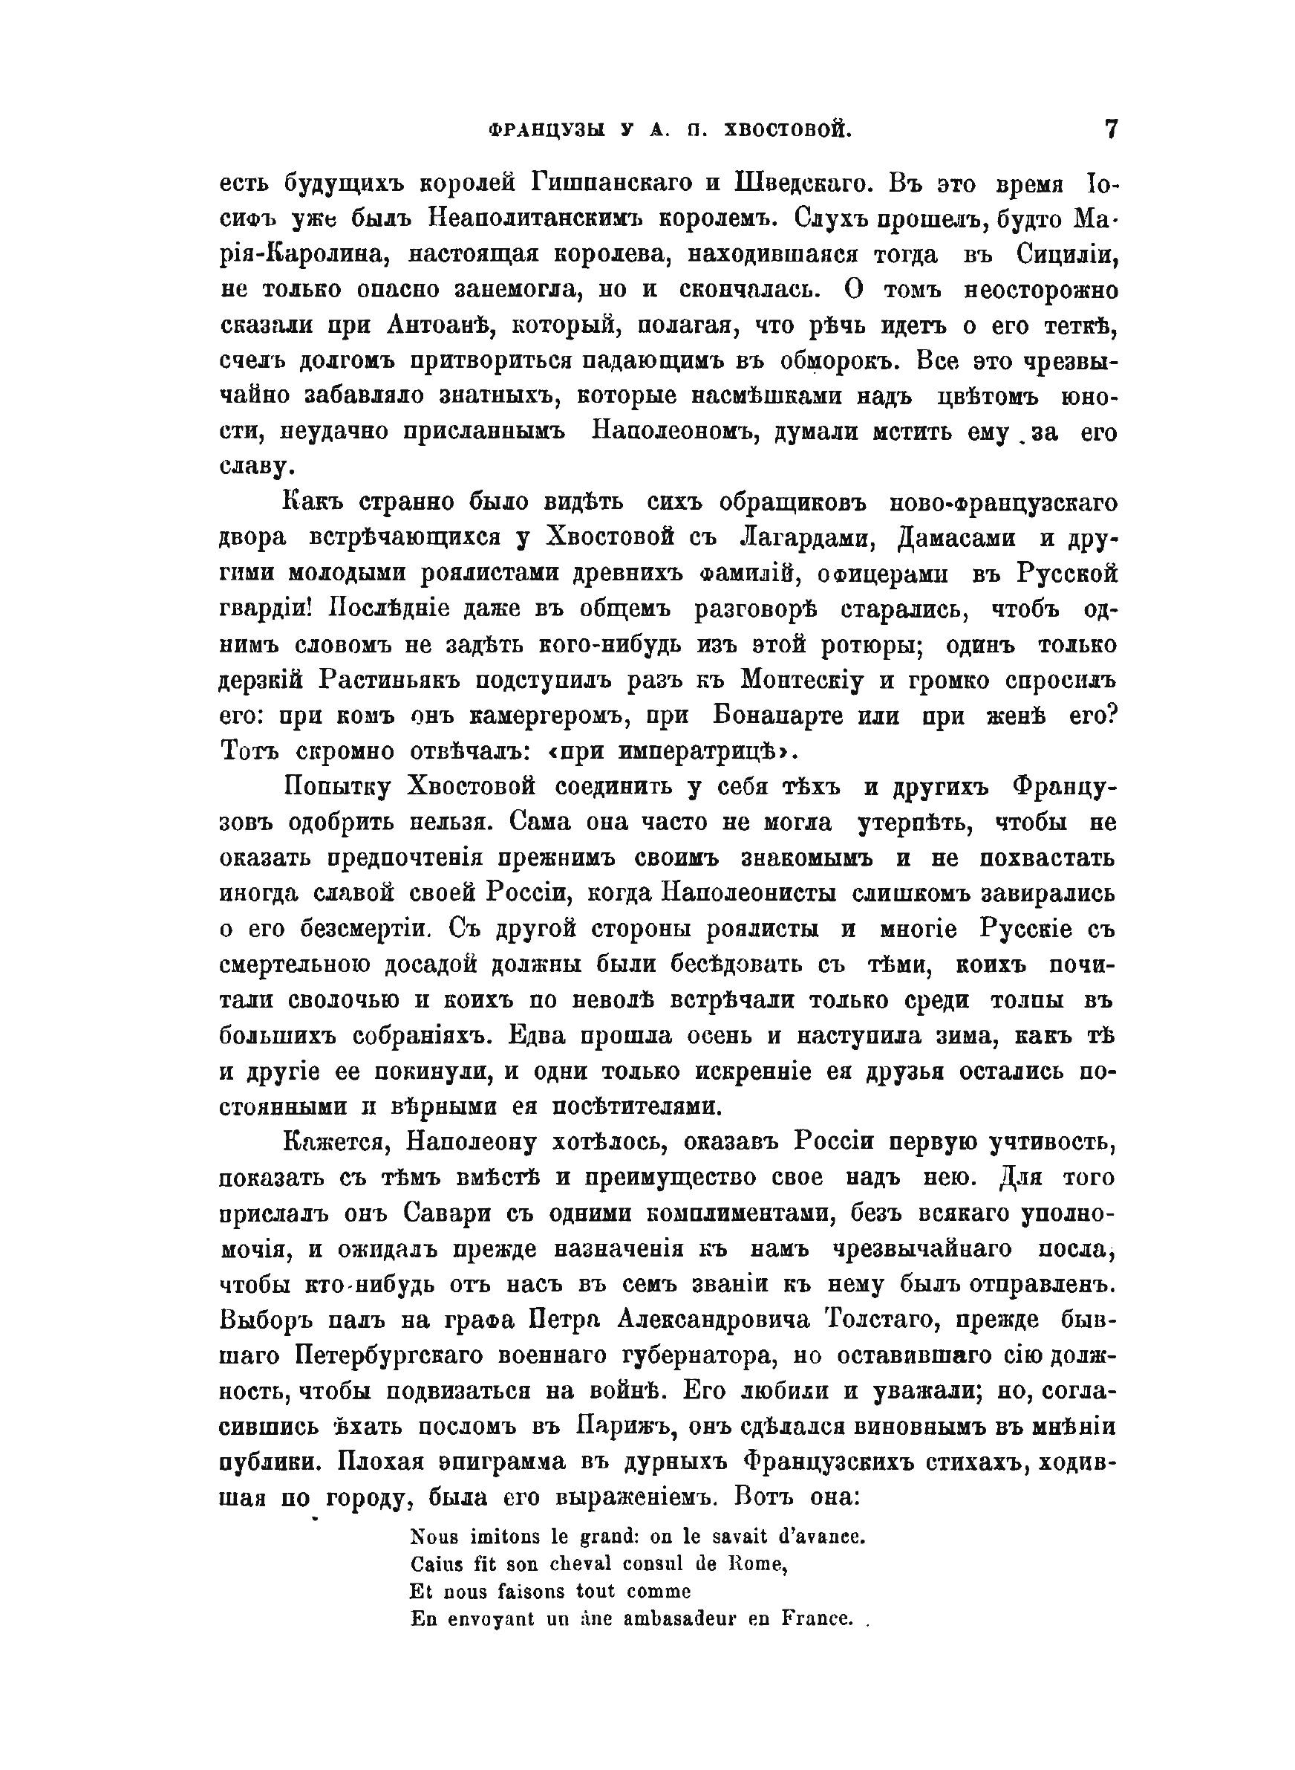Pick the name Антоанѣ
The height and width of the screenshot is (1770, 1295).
coord(445,325)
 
